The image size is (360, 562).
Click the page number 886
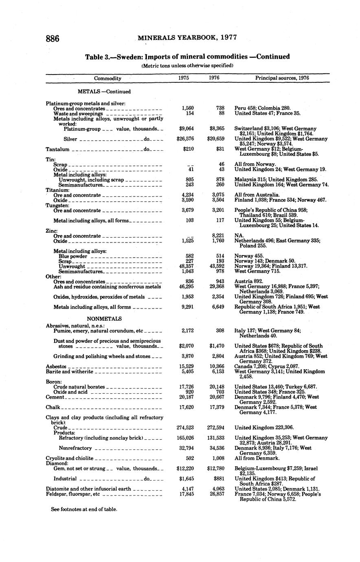[53, 39]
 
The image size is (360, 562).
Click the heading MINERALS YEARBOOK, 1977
[187, 38]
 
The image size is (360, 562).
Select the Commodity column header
[108, 78]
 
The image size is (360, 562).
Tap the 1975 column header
[184, 78]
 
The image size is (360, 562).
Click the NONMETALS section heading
[104, 319]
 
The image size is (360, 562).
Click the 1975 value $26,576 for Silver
[185, 139]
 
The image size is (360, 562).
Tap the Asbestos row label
[56, 367]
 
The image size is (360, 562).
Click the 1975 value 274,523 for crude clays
[184, 428]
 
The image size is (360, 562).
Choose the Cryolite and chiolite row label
[69, 458]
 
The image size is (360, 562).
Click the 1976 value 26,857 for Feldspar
[217, 494]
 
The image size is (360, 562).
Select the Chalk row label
[53, 407]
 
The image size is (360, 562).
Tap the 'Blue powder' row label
[73, 257]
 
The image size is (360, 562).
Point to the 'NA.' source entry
[239, 236]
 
